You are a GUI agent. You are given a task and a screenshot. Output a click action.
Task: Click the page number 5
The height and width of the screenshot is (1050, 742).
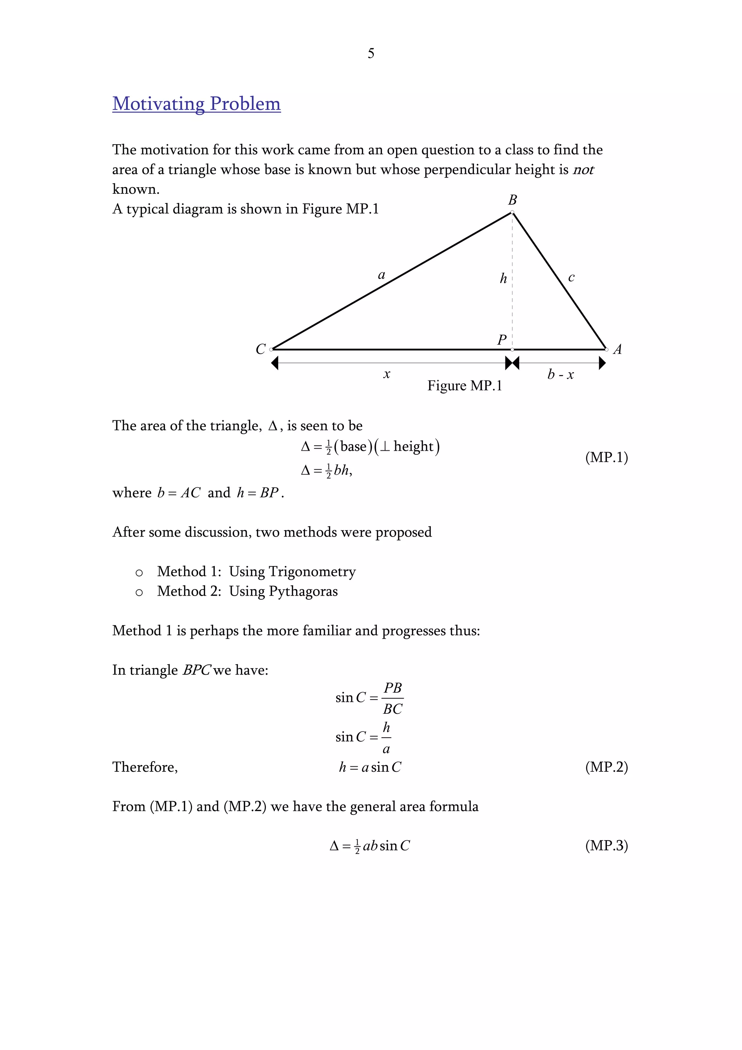coord(371,54)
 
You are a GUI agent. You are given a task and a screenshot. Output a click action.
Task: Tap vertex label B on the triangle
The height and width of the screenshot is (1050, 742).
coord(513,200)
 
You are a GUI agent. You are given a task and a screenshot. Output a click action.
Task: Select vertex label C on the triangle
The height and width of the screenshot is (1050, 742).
coord(260,349)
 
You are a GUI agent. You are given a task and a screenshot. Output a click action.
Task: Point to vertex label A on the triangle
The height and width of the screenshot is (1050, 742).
coord(617,349)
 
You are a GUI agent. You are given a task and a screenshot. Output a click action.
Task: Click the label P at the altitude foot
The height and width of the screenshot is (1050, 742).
coord(501,340)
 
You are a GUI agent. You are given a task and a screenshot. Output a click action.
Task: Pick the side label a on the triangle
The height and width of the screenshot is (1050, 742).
coord(381,275)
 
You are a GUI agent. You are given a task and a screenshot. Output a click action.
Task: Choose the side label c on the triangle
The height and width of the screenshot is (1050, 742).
coord(571,277)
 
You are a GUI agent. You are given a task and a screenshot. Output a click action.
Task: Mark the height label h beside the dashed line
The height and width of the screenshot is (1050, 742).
coord(503,278)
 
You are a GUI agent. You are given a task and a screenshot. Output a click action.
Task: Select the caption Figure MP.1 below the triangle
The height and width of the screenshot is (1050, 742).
coord(464,386)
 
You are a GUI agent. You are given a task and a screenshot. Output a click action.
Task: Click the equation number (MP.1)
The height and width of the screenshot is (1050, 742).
coord(606,457)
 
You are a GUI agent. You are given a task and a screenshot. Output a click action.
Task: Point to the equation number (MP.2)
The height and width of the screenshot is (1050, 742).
coord(606,767)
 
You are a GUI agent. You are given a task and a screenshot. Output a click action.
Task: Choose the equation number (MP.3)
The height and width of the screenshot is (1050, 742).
coord(606,845)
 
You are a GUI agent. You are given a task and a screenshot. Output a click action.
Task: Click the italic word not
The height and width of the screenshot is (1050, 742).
coord(583,170)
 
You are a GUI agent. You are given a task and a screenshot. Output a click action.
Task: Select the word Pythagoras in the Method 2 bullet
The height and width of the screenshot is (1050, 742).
coord(303,591)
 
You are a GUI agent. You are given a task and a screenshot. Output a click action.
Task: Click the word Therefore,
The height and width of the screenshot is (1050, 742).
coord(145,767)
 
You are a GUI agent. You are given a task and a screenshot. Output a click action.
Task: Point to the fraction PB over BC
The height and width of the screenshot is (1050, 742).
coord(392,698)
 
